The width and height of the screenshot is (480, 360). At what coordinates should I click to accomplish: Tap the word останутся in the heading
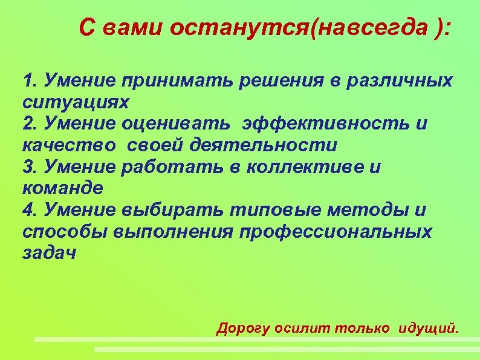[238, 27]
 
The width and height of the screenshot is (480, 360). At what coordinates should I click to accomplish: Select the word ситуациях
[76, 102]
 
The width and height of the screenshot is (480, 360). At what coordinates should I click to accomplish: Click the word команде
[62, 188]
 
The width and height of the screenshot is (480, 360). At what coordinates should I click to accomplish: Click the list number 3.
[27, 167]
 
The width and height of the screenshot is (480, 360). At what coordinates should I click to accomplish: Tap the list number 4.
[27, 210]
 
